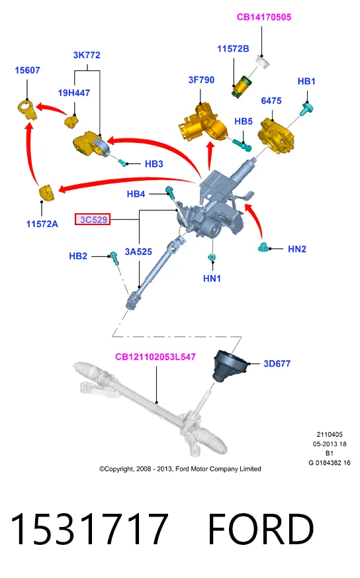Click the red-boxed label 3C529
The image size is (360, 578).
(93, 219)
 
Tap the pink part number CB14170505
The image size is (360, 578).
(264, 17)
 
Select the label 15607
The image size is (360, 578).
(27, 70)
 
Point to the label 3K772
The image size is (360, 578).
(87, 55)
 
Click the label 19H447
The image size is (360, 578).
(73, 93)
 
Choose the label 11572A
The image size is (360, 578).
(42, 224)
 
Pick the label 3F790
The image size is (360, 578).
(201, 80)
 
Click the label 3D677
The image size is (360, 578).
(277, 364)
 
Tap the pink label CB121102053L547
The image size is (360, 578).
(155, 357)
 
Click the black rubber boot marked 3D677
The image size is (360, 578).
(228, 366)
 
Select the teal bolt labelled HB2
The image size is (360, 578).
(114, 258)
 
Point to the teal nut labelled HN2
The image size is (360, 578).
(264, 247)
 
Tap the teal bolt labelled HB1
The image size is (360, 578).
(307, 109)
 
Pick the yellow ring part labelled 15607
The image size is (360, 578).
(27, 109)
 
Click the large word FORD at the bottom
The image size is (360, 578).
(261, 529)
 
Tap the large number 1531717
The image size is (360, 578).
(89, 529)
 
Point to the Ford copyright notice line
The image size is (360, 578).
(180, 469)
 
